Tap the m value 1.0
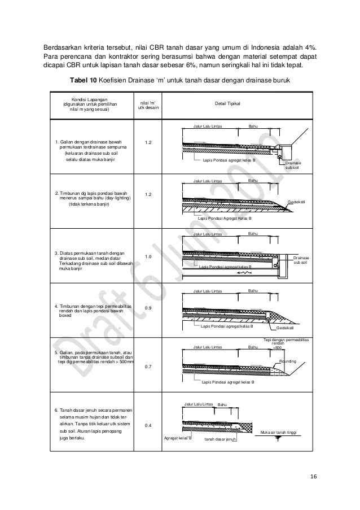pyautogui.click(x=148, y=257)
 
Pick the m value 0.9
pyautogui.click(x=148, y=308)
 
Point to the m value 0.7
pyautogui.click(x=148, y=367)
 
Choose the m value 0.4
pyautogui.click(x=148, y=425)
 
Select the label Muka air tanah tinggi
pyautogui.click(x=279, y=433)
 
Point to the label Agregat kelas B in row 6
pyautogui.click(x=178, y=438)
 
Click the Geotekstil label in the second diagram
pyautogui.click(x=296, y=202)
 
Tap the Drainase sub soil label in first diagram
pyautogui.click(x=293, y=165)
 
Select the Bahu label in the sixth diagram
pyautogui.click(x=222, y=405)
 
